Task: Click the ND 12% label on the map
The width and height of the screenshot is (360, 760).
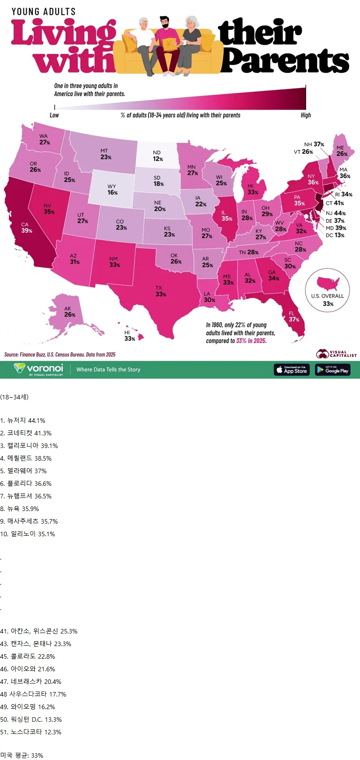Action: point(157,156)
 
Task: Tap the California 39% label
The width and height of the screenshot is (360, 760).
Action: point(27,228)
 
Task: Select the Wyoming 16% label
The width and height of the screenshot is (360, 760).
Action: point(112,190)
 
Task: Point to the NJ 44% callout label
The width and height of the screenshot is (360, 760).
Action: point(336,213)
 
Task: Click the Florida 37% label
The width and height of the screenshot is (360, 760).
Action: point(293,317)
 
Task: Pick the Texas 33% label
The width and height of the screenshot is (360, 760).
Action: point(160,291)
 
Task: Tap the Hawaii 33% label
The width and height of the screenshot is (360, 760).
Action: point(129,335)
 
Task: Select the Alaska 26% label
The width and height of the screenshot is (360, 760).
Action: point(69,312)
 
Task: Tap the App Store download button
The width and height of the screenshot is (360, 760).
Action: point(292,370)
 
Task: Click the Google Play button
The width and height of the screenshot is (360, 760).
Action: point(333,370)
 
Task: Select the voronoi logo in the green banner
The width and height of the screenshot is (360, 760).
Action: point(39,369)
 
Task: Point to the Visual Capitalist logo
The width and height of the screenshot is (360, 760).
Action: point(336,354)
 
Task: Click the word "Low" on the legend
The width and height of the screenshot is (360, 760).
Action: point(54,115)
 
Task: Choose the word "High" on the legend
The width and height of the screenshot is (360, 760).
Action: point(306,115)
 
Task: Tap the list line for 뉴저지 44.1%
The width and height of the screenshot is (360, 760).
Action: point(23,421)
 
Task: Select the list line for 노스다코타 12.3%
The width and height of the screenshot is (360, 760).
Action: point(31,732)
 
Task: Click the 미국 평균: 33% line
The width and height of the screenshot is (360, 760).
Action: point(22,755)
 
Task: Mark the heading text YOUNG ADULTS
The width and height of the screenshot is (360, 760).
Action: point(44,12)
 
